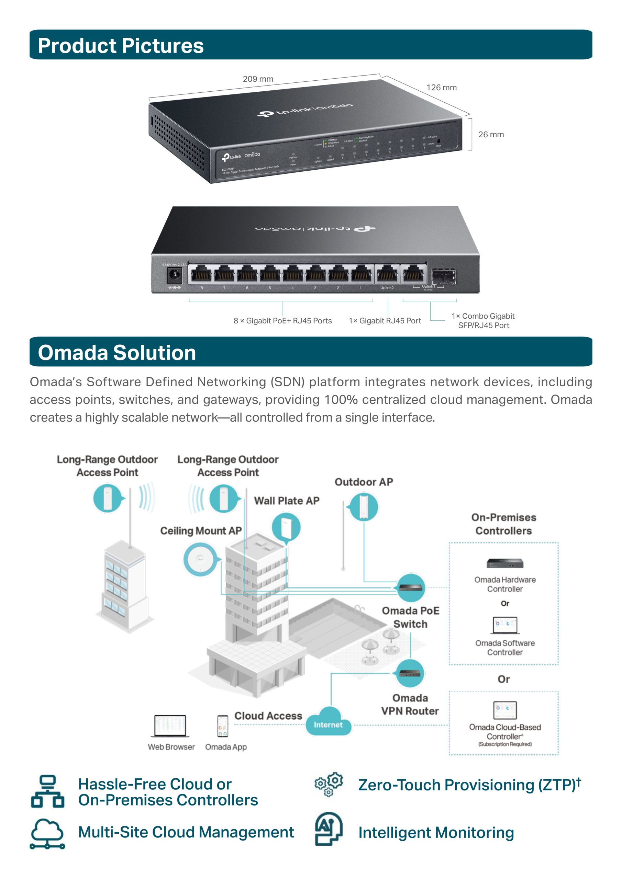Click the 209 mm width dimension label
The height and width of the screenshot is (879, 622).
click(258, 79)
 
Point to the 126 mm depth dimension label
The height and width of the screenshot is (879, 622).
click(442, 87)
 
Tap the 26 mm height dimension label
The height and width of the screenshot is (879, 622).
click(491, 134)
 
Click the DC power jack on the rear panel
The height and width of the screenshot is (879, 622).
click(175, 275)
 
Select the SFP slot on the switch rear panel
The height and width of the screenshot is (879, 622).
click(443, 276)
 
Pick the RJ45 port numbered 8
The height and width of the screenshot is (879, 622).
click(202, 274)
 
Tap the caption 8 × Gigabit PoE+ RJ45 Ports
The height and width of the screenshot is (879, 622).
click(282, 321)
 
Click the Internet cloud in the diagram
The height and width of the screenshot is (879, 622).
click(328, 722)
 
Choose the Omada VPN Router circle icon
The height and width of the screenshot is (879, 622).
click(410, 673)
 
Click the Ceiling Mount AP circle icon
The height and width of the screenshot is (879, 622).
click(200, 559)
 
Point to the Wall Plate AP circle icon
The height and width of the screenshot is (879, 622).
click(286, 527)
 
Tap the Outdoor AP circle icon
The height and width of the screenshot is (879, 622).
click(363, 507)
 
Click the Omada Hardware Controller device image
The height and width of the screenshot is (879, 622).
click(505, 563)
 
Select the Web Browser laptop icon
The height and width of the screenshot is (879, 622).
click(170, 726)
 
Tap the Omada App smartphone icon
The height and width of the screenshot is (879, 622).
click(222, 726)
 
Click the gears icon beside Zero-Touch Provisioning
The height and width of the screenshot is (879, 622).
click(329, 784)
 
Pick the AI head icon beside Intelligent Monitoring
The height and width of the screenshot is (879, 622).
click(329, 829)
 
